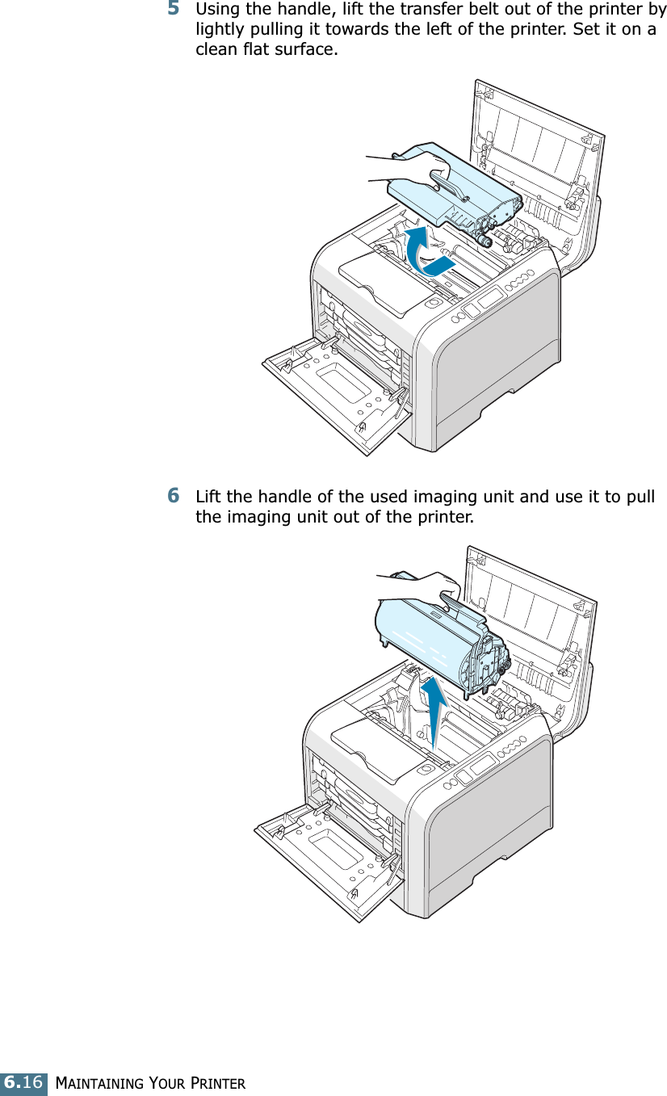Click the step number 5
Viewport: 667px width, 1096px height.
[174, 10]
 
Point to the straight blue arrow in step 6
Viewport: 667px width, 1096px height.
[434, 711]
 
